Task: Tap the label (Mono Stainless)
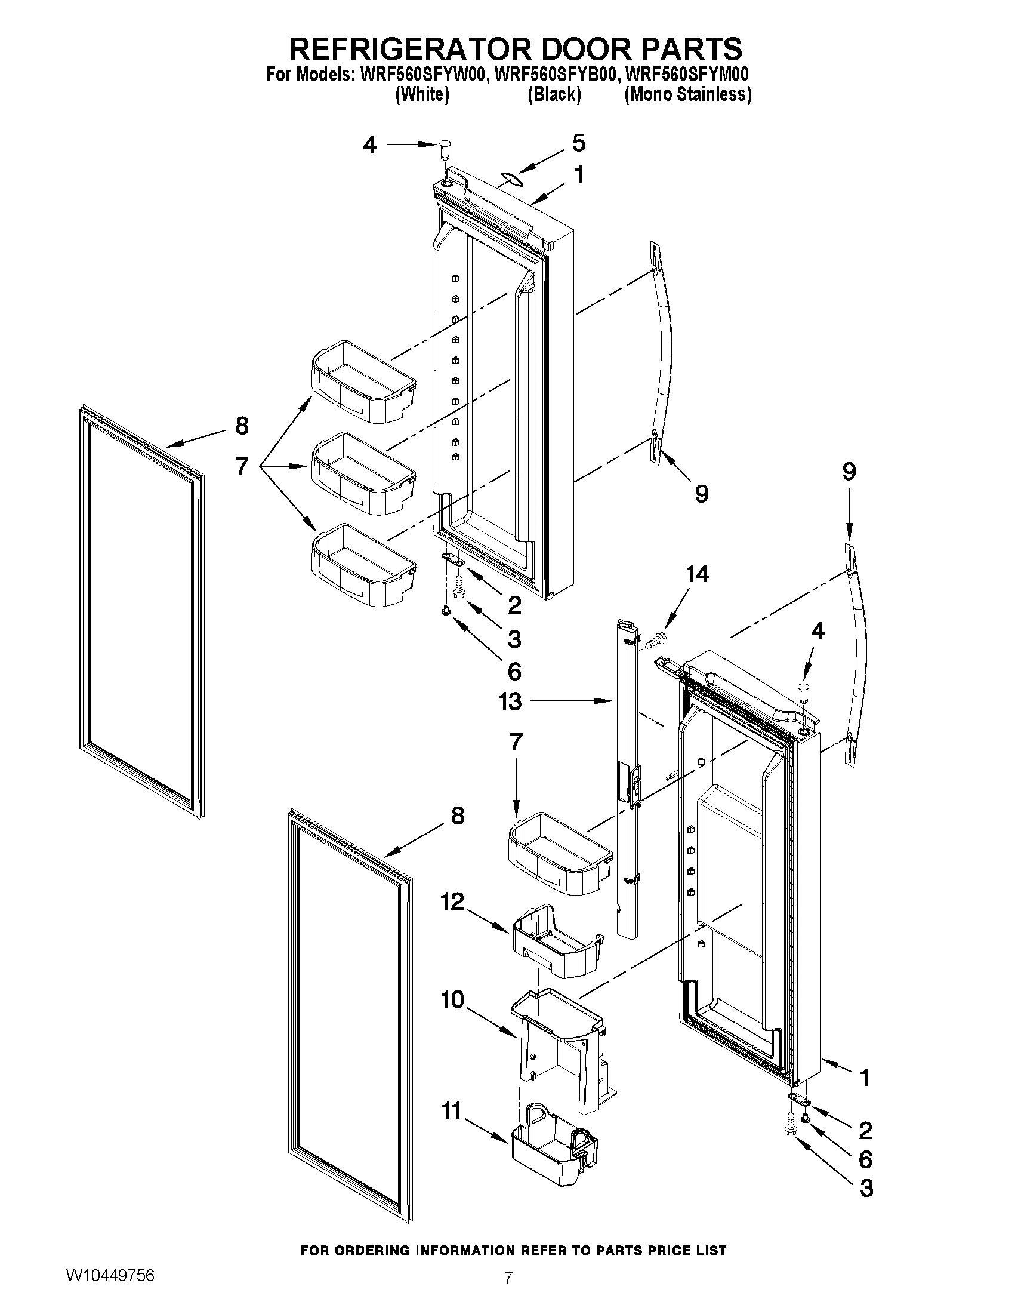click(688, 94)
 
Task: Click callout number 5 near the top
click(578, 143)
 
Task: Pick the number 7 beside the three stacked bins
click(242, 466)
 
